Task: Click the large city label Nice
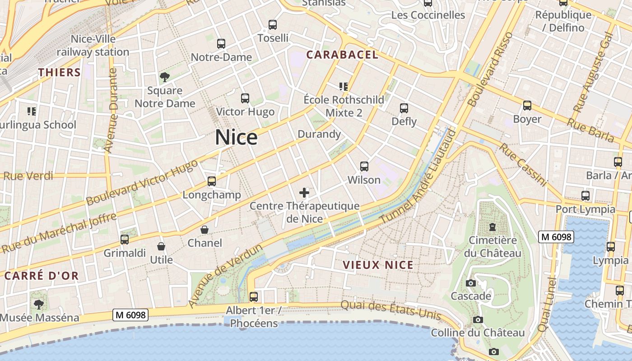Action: (236, 137)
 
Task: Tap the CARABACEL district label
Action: (342, 55)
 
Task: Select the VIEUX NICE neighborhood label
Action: (378, 265)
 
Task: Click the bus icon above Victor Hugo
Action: (245, 98)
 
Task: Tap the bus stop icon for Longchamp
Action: (212, 181)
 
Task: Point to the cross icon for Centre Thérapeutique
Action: (304, 193)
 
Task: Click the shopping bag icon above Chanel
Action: (204, 230)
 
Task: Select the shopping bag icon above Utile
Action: (161, 246)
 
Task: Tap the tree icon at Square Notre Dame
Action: (165, 77)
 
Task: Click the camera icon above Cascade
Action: (471, 283)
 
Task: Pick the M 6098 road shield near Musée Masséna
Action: (130, 315)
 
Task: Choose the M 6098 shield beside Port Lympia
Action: (556, 236)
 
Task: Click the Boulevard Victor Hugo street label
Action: (142, 182)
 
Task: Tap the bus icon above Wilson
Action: (364, 167)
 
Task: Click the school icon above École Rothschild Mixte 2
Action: (344, 86)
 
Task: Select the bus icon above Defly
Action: (404, 108)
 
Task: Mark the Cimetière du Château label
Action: (493, 246)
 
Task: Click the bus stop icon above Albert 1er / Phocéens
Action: (254, 297)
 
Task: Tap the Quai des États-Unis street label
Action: (390, 310)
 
